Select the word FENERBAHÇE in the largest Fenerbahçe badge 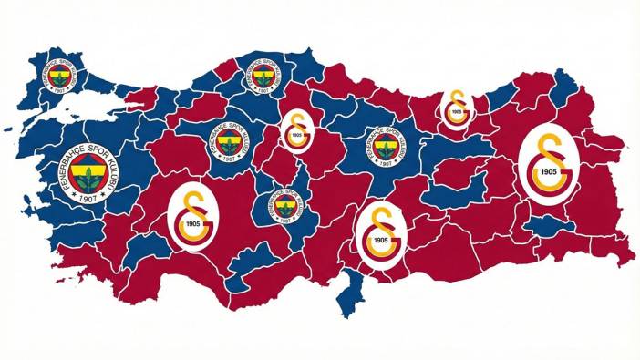[x=67, y=163]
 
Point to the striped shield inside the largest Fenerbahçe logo [x=89, y=170]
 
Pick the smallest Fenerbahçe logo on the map [x=286, y=207]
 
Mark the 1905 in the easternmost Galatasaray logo [x=549, y=171]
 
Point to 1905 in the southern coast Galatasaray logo [x=381, y=240]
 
